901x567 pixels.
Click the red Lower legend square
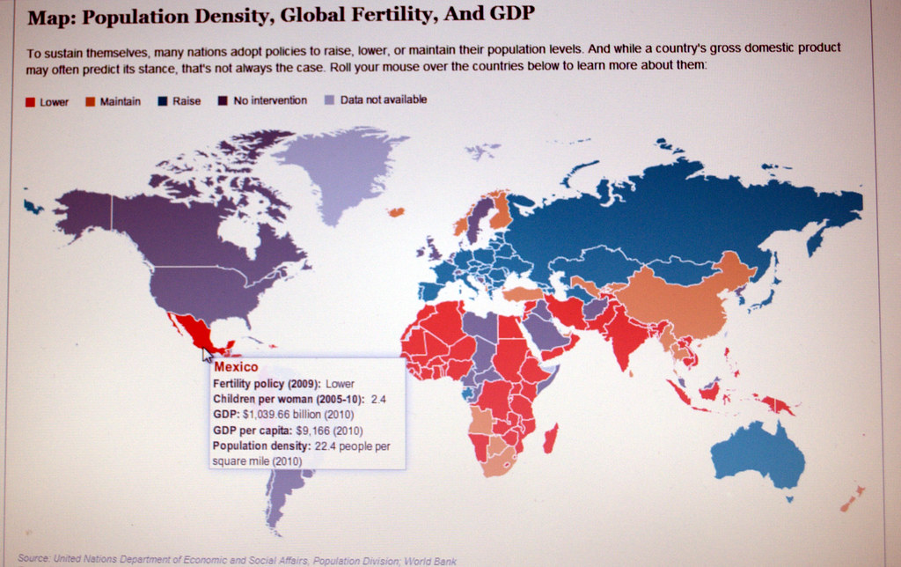[30, 102]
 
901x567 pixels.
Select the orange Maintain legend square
[89, 101]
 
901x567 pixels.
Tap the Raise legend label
[187, 101]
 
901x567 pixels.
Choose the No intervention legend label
[269, 100]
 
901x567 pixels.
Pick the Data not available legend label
[383, 99]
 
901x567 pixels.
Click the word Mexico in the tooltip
[236, 367]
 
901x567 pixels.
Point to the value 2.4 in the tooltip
[378, 399]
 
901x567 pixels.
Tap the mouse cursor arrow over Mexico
[208, 355]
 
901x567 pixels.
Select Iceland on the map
[395, 211]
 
